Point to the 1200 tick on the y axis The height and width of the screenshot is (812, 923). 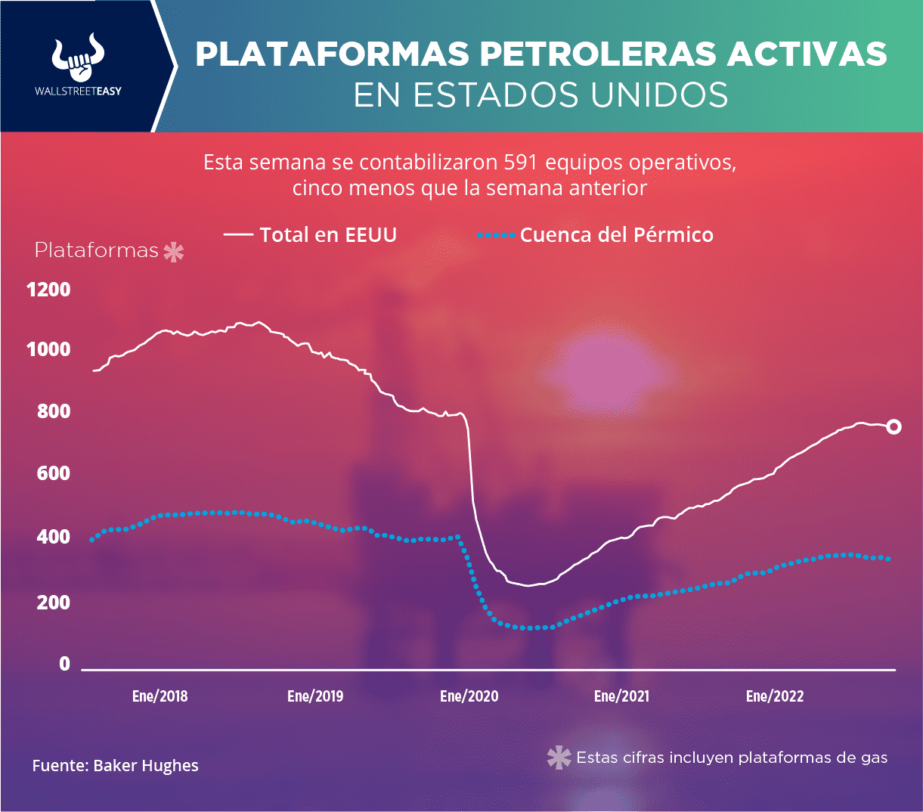pyautogui.click(x=48, y=290)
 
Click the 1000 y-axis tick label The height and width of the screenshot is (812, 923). pyautogui.click(x=48, y=350)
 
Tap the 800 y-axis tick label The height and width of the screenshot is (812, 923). pyautogui.click(x=54, y=412)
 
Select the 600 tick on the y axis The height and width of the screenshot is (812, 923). pyautogui.click(x=54, y=474)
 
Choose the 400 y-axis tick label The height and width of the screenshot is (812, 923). pyautogui.click(x=54, y=538)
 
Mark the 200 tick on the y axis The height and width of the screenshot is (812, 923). pyautogui.click(x=54, y=603)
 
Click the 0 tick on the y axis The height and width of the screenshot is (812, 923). pyautogui.click(x=64, y=664)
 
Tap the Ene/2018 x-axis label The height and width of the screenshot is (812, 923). pyautogui.click(x=160, y=696)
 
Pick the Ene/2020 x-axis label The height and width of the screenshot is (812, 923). pyautogui.click(x=469, y=696)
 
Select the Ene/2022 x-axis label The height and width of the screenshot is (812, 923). pyautogui.click(x=774, y=696)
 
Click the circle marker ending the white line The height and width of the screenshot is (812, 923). pyautogui.click(x=894, y=427)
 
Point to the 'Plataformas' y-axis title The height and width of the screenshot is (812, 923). pyautogui.click(x=97, y=250)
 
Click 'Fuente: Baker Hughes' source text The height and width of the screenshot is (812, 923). pyautogui.click(x=115, y=766)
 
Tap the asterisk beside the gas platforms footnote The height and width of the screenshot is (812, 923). pyautogui.click(x=559, y=758)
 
